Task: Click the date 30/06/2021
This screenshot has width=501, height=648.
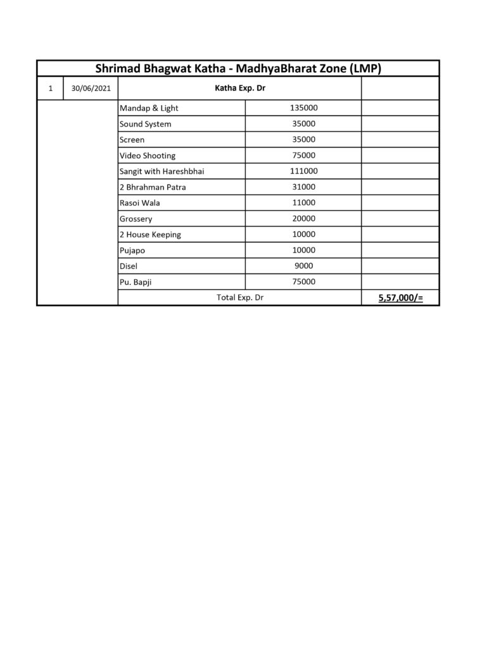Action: pos(91,89)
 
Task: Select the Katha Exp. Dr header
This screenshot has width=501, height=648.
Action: pos(239,89)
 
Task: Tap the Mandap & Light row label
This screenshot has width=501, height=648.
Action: pos(149,108)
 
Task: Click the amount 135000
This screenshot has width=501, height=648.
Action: pos(303,108)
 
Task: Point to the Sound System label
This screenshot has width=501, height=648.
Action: pos(145,124)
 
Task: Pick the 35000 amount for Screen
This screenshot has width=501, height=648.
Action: pos(303,140)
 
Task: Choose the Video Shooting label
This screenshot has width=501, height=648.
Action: pos(148,156)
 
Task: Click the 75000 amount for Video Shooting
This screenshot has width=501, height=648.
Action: pos(303,156)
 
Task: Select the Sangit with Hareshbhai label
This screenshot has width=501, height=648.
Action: pos(162,171)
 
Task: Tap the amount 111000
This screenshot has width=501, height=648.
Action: pos(303,171)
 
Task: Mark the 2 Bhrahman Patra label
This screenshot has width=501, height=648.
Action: pos(153,187)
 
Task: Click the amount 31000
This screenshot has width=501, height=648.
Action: pos(303,187)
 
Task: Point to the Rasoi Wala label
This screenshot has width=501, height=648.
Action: pos(139,203)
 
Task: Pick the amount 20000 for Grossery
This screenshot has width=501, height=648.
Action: pos(303,218)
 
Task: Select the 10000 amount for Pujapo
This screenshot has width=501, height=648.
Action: pos(303,250)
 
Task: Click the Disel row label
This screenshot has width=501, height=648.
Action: pos(128,266)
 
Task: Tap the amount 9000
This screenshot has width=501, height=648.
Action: pos(303,266)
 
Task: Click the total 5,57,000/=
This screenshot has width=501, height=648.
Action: pos(400,297)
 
